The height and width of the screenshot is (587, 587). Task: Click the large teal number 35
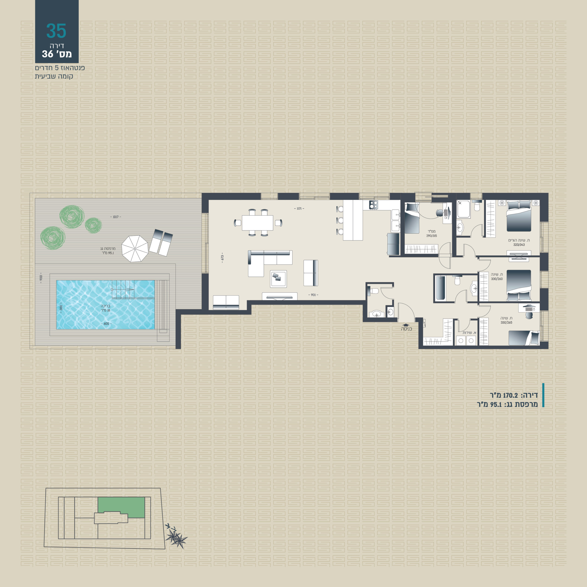pyautogui.click(x=56, y=31)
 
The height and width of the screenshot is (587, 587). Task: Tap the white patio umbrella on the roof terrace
pyautogui.click(x=135, y=249)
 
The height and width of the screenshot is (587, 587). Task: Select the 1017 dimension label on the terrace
pyautogui.click(x=116, y=217)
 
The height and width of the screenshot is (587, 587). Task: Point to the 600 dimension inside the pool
pyautogui.click(x=106, y=324)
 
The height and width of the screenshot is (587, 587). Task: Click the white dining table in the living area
pyautogui.click(x=257, y=223)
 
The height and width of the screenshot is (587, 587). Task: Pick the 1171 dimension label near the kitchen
pyautogui.click(x=299, y=209)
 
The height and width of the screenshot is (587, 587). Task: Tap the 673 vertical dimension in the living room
pyautogui.click(x=222, y=258)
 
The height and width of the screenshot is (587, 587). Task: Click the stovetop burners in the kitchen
pyautogui.click(x=373, y=205)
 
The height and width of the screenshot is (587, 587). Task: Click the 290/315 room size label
pyautogui.click(x=432, y=236)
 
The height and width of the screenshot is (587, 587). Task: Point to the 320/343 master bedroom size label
pyautogui.click(x=519, y=245)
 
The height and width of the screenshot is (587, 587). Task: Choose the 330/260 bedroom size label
pyautogui.click(x=497, y=279)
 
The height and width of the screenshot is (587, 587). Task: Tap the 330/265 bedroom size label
pyautogui.click(x=507, y=323)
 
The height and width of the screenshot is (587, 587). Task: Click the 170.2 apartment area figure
pyautogui.click(x=510, y=395)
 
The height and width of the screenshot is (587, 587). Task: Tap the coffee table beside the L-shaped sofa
pyautogui.click(x=278, y=279)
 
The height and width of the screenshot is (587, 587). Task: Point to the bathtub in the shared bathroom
pyautogui.click(x=440, y=288)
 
